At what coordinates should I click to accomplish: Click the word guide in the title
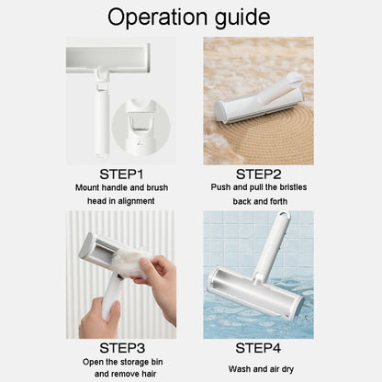tap(242, 18)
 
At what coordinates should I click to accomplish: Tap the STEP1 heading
tap(121, 174)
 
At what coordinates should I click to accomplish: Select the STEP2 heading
tap(258, 174)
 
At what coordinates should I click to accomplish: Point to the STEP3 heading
tap(122, 348)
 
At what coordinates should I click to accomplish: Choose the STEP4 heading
tap(258, 348)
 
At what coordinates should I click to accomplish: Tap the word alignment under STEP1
tap(136, 201)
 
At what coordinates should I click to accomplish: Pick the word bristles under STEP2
tap(293, 187)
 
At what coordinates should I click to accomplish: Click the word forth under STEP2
tap(278, 201)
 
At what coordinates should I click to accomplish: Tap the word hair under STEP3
tap(149, 374)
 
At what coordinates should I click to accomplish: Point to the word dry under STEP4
tap(287, 369)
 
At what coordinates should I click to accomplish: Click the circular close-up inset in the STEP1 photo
tap(140, 127)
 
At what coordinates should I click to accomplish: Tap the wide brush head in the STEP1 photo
tap(108, 59)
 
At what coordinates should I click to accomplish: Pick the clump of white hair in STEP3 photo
tap(134, 262)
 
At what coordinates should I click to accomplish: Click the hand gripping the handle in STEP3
tap(98, 319)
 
